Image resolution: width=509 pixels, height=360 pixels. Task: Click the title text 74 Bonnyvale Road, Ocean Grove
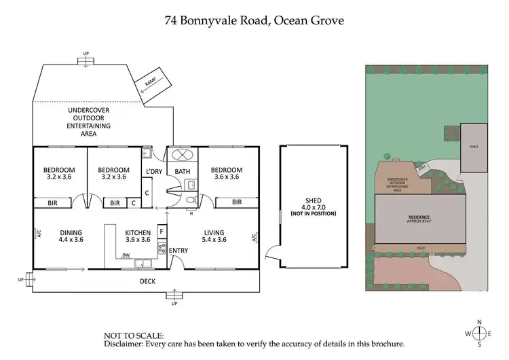254,20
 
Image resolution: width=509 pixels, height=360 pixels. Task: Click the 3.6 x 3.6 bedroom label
225,173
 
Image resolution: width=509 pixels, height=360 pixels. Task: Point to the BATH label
183,171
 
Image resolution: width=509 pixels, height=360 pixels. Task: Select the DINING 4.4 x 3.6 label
71,236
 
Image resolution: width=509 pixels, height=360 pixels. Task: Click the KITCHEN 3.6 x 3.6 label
138,236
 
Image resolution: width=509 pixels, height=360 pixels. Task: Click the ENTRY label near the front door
178,251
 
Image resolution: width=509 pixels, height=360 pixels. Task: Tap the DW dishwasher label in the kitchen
126,255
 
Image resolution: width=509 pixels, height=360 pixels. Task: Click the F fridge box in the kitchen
162,232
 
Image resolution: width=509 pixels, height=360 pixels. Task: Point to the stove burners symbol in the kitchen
162,248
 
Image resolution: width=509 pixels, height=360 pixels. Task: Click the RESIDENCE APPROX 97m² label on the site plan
420,220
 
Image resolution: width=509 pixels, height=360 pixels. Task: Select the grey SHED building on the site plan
474,147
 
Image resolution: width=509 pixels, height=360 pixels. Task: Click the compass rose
480,333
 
